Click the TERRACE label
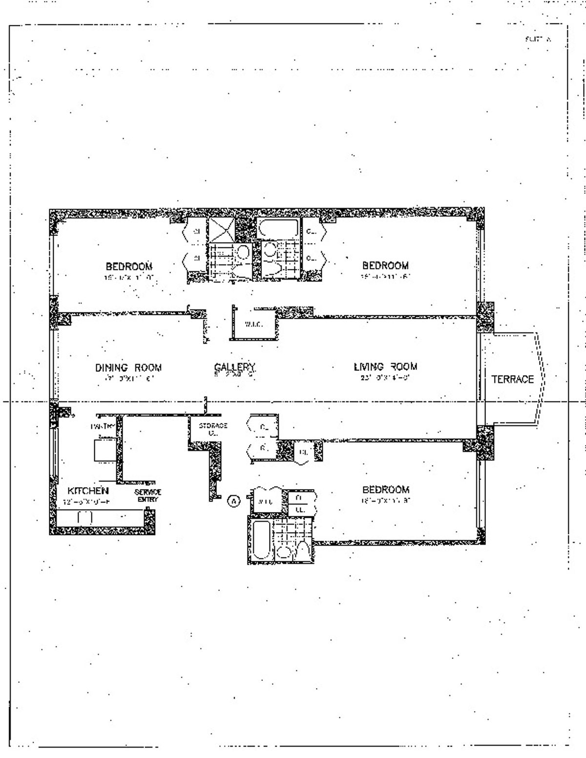512,379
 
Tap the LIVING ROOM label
385,367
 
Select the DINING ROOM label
128,368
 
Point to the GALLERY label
234,367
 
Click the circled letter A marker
235,501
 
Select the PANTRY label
103,426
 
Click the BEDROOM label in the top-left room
129,266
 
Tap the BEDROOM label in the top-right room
385,266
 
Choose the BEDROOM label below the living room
385,490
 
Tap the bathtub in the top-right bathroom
277,228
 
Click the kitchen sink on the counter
85,517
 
